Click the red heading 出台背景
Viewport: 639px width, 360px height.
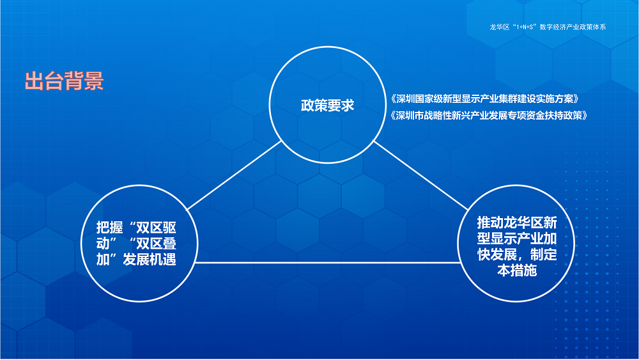pos(64,82)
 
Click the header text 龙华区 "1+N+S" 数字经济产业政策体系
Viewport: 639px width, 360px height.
pos(547,27)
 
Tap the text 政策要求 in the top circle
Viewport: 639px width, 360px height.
pos(327,106)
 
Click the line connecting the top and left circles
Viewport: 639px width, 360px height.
pos(233,176)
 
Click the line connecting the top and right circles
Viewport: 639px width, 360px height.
pos(422,176)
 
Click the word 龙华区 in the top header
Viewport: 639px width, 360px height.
pos(498,27)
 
